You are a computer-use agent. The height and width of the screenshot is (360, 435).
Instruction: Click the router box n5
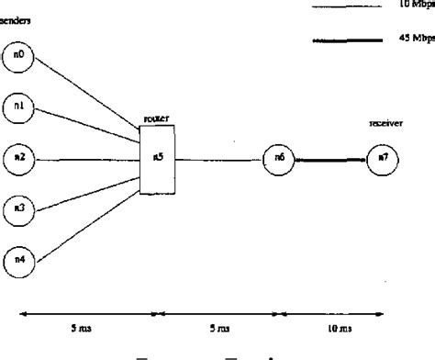pyautogui.click(x=157, y=159)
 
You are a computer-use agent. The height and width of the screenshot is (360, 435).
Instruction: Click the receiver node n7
pyautogui.click(x=381, y=159)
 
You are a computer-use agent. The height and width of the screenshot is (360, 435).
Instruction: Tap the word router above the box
pyautogui.click(x=156, y=119)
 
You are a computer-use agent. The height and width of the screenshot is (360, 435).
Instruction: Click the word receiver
pyautogui.click(x=382, y=122)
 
